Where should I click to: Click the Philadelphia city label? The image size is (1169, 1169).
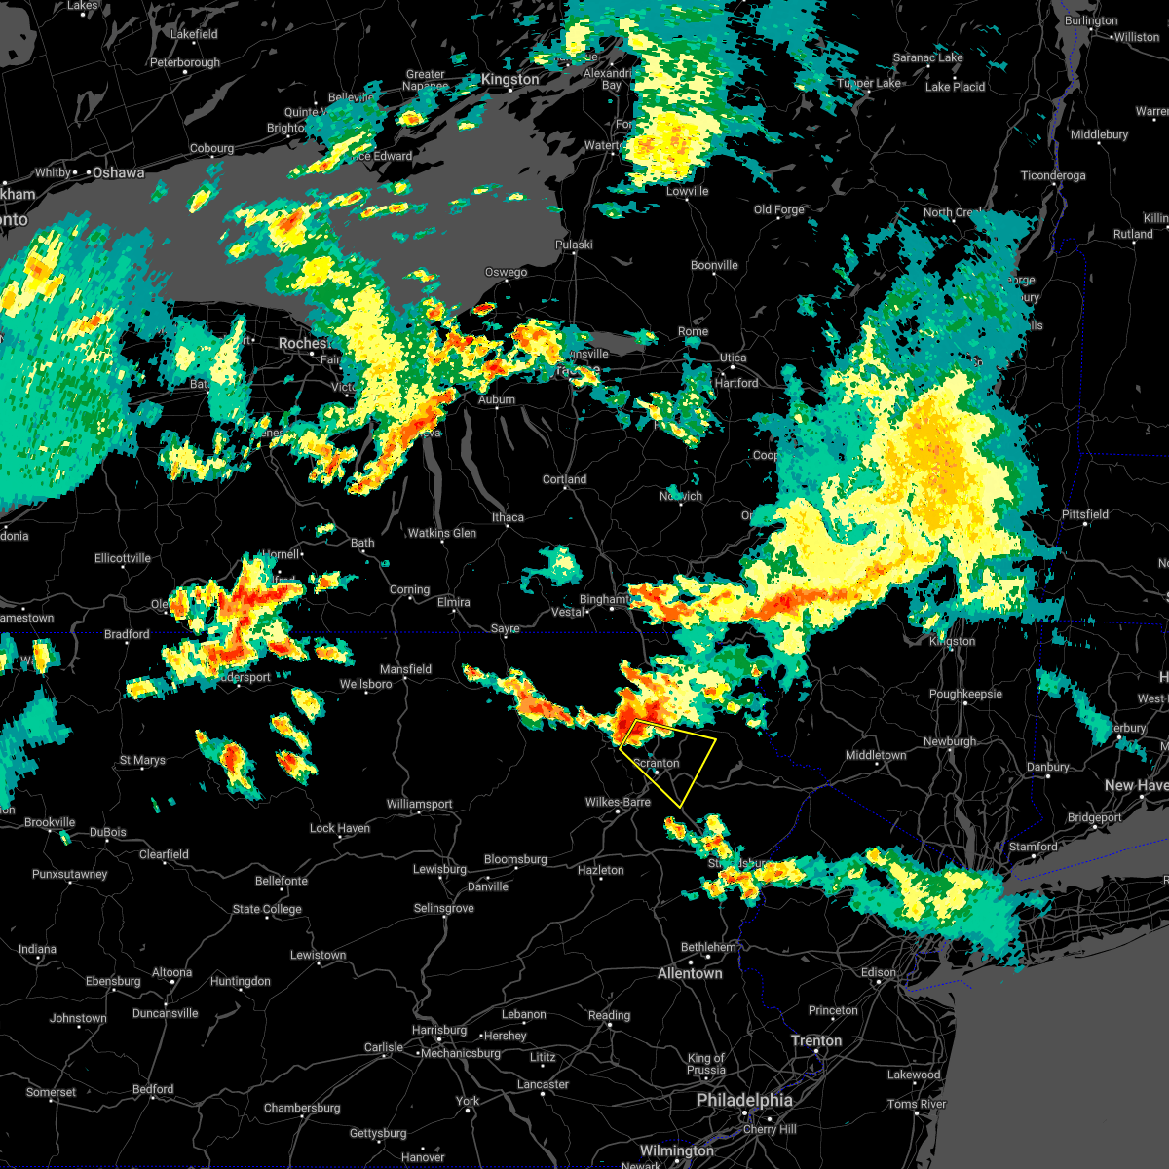[x=744, y=1100]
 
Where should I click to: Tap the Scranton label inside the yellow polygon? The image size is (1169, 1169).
[x=657, y=763]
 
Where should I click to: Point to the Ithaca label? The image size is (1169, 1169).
[x=508, y=517]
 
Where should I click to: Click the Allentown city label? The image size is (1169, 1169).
[x=690, y=973]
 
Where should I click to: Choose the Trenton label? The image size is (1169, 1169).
[x=816, y=1040]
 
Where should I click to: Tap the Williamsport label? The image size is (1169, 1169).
[x=419, y=804]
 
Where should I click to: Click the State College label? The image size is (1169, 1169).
[x=267, y=909]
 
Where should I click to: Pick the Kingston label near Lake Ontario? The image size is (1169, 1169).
[x=509, y=79]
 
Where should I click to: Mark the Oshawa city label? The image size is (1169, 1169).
[x=119, y=172]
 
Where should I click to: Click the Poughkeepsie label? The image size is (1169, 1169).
[x=965, y=694]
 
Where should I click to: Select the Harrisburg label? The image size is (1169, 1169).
[x=439, y=1030]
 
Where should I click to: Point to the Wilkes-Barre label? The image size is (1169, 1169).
[x=618, y=802]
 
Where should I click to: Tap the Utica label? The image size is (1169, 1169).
[x=734, y=358]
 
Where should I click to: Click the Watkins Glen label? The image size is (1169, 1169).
[x=442, y=533]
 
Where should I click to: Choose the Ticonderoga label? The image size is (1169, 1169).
[x=1052, y=175]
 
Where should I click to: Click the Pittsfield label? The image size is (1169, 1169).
[x=1085, y=514]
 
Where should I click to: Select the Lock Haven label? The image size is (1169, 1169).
[x=340, y=828]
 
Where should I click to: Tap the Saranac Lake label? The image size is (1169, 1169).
[x=927, y=57]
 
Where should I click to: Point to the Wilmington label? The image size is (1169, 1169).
[x=677, y=1150]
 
